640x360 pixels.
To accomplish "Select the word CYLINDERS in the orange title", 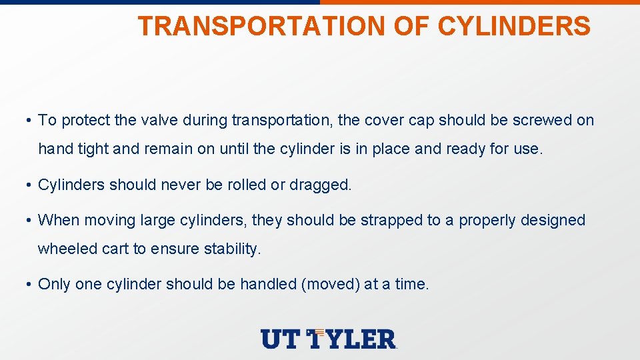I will pyautogui.click(x=514, y=27).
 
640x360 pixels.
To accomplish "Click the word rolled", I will pyautogui.click(x=245, y=185).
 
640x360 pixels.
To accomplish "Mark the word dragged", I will pyautogui.click(x=320, y=185).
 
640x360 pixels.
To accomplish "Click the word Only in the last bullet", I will pyautogui.click(x=54, y=285).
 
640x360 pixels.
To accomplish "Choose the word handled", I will pyautogui.click(x=268, y=285).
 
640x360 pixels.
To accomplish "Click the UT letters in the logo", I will pyautogui.click(x=281, y=339).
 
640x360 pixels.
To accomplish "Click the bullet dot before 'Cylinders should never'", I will pyautogui.click(x=29, y=185).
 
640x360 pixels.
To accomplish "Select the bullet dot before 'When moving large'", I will pyautogui.click(x=29, y=221).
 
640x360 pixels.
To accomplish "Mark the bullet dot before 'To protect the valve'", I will pyautogui.click(x=29, y=121).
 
